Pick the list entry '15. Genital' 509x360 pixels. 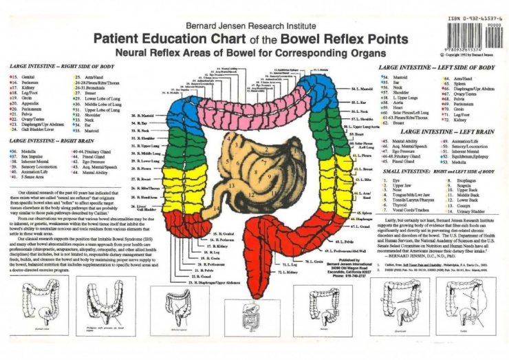(23, 76)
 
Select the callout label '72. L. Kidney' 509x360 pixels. (289, 273)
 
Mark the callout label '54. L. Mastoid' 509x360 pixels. (362, 89)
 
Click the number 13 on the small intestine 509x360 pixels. (232, 186)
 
